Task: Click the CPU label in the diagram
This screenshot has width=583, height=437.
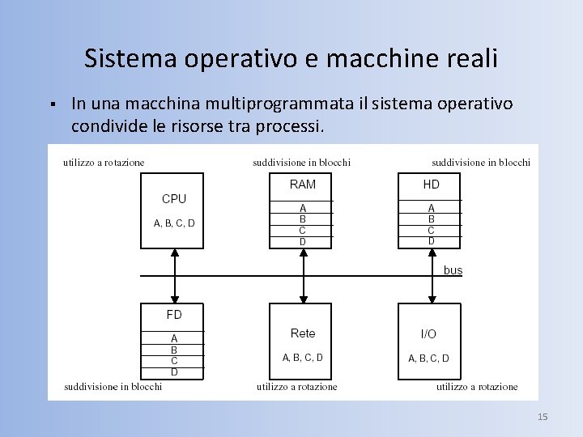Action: click(x=174, y=199)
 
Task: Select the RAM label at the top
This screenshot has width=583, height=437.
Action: click(x=303, y=185)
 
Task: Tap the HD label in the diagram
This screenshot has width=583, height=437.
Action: click(x=432, y=185)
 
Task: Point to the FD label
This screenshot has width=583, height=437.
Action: click(x=174, y=315)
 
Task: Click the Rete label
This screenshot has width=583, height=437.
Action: click(x=303, y=333)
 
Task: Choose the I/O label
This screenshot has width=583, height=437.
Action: click(x=428, y=334)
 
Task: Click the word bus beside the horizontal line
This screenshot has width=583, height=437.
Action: click(x=453, y=270)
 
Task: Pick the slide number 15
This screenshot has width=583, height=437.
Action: click(x=543, y=417)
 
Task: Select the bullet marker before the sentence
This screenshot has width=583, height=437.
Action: click(x=51, y=104)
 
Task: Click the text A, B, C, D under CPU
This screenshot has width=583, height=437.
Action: click(x=174, y=223)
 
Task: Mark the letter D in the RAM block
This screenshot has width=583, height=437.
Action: click(x=303, y=241)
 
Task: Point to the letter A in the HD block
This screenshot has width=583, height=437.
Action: click(x=432, y=208)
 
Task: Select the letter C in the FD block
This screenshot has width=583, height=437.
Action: click(x=174, y=360)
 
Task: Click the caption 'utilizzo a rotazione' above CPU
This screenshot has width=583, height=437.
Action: click(x=104, y=163)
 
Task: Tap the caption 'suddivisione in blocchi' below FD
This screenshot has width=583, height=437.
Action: click(x=113, y=387)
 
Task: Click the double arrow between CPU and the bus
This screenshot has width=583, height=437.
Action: click(x=174, y=275)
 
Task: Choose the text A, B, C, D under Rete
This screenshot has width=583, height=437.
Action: click(x=303, y=357)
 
